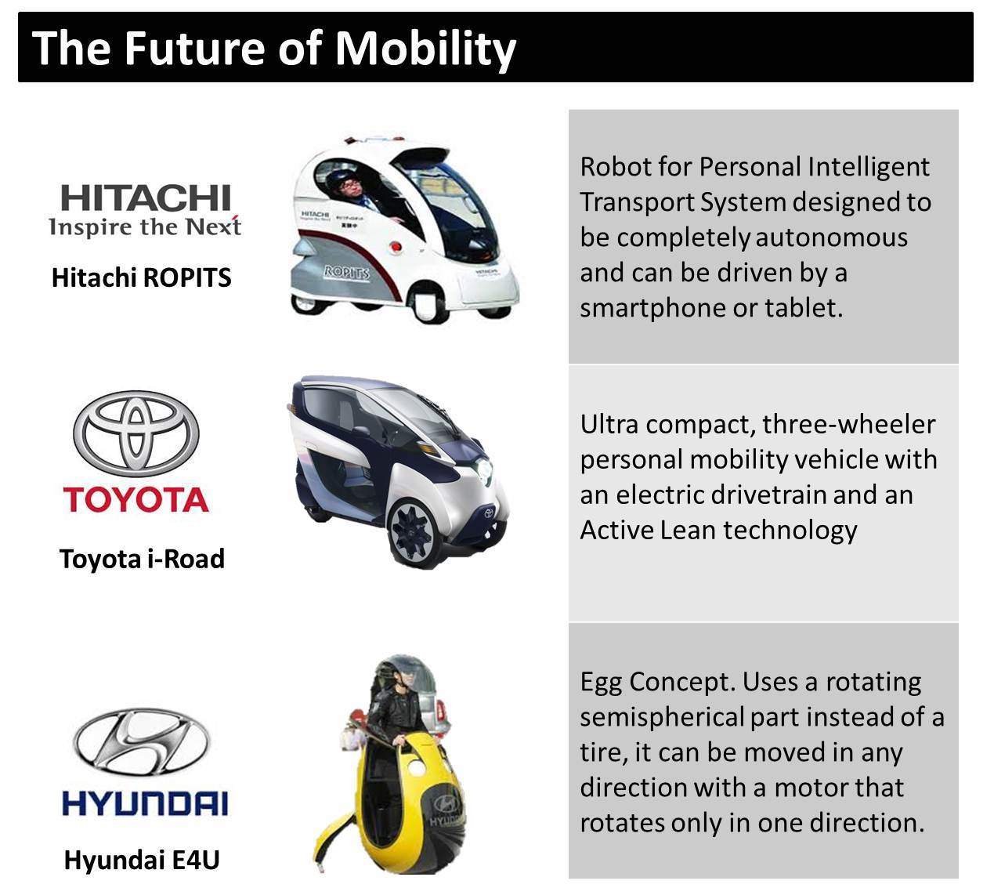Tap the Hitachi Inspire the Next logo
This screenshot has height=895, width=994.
[145, 210]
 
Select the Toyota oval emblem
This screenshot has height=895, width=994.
[136, 433]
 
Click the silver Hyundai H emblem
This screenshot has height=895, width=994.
[141, 743]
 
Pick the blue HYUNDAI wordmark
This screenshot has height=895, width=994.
[145, 804]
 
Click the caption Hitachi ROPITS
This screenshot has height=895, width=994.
[142, 277]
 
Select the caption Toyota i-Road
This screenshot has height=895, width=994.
[143, 559]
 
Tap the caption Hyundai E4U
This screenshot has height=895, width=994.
[142, 860]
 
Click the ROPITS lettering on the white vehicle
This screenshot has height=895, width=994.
[346, 272]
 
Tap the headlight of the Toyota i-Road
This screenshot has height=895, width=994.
[484, 469]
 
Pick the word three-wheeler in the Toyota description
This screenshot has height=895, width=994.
[849, 425]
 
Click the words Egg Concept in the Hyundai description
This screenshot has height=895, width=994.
[658, 683]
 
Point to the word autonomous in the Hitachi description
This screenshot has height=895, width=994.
[832, 237]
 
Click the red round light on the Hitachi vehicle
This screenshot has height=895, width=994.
[395, 246]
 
